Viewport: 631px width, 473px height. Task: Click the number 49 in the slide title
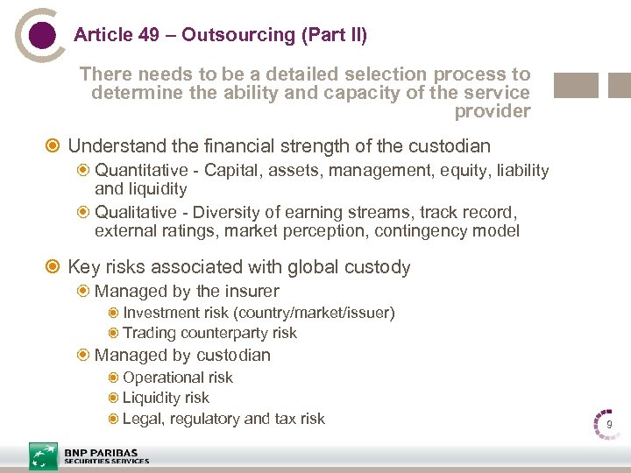(147, 35)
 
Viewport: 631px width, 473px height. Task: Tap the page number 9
(608, 425)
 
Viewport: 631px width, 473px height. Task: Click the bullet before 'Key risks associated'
(55, 267)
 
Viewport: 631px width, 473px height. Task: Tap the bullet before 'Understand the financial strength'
(55, 145)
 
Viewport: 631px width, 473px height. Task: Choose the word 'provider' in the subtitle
(493, 111)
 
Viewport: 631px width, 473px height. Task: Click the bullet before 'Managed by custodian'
(83, 356)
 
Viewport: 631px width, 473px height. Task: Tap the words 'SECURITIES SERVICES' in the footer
(106, 462)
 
